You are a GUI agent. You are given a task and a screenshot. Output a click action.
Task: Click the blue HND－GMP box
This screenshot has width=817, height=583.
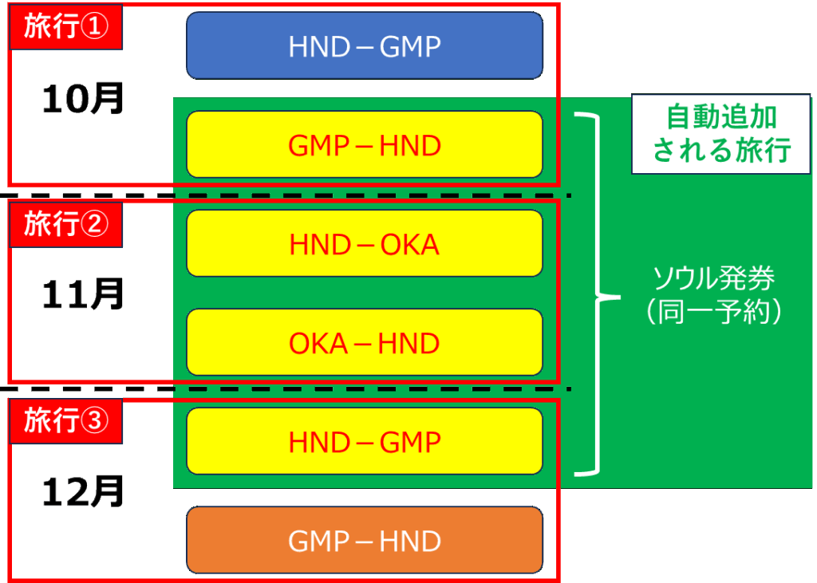click(x=365, y=46)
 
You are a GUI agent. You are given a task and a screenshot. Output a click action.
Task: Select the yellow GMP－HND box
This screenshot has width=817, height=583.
click(x=365, y=144)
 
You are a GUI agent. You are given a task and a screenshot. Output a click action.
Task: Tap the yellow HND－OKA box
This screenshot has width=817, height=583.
click(x=365, y=244)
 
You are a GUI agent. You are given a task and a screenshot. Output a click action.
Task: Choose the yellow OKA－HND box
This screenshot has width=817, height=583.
click(x=365, y=343)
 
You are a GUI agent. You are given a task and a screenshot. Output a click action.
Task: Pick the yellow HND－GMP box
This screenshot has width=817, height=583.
click(x=365, y=441)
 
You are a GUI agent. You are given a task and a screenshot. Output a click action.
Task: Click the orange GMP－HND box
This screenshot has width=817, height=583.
click(x=365, y=541)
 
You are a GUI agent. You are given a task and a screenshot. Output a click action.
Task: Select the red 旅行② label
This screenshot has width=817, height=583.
click(x=65, y=225)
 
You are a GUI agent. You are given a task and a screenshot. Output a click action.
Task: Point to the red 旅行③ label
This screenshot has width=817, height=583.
click(x=65, y=421)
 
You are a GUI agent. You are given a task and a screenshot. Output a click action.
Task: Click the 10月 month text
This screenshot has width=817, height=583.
click(x=83, y=99)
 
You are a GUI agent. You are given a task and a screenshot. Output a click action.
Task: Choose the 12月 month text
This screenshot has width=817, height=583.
click(x=83, y=492)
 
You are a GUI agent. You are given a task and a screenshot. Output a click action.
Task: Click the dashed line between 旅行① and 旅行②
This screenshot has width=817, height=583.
click(x=287, y=195)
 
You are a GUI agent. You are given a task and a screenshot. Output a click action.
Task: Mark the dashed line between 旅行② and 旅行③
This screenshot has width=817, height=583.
click(x=287, y=389)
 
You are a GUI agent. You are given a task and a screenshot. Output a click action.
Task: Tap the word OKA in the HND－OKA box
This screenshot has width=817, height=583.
click(x=410, y=244)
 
